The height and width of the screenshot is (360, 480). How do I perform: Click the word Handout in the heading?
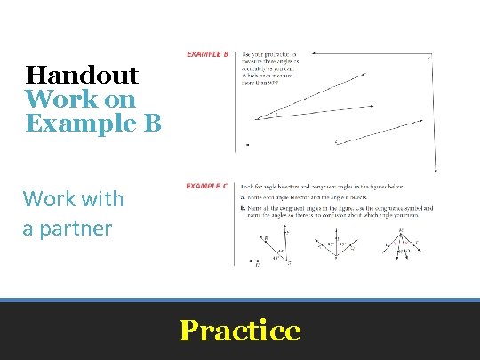[x=82, y=76]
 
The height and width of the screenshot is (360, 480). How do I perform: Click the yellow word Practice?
[x=240, y=331]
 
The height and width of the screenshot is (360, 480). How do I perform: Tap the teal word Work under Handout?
[x=54, y=99]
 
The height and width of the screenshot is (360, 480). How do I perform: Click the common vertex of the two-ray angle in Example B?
[x=253, y=118]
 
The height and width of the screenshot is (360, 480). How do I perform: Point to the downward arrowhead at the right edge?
[x=436, y=172]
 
